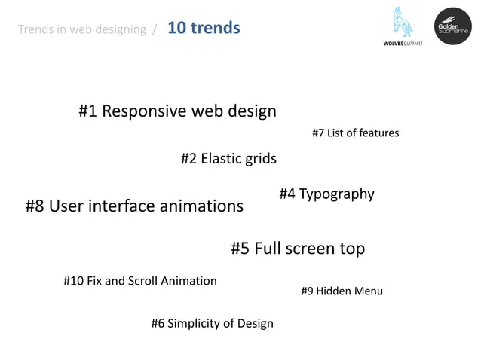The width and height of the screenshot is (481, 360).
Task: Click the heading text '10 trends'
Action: [204, 29]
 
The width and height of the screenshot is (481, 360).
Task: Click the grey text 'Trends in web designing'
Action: [81, 29]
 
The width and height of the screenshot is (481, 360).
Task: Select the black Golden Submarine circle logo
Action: [452, 26]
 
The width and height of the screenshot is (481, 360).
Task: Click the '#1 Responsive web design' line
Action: [177, 111]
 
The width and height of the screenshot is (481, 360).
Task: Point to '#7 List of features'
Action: [355, 133]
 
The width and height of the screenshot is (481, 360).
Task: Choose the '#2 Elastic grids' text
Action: [228, 159]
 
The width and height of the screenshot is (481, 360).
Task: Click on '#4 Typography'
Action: [326, 194]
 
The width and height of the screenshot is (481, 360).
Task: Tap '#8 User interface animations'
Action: [134, 206]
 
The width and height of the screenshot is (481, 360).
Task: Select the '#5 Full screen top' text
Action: [297, 249]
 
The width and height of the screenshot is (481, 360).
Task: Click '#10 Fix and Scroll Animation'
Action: [139, 281]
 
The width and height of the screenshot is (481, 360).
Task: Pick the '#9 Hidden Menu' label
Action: [342, 291]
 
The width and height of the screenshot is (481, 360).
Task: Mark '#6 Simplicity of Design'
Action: [212, 324]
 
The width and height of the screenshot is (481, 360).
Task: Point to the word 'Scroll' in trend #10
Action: [144, 281]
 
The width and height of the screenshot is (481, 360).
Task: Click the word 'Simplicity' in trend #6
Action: [191, 324]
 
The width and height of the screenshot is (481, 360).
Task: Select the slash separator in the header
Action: [155, 29]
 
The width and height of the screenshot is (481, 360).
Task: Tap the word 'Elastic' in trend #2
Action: [221, 159]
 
